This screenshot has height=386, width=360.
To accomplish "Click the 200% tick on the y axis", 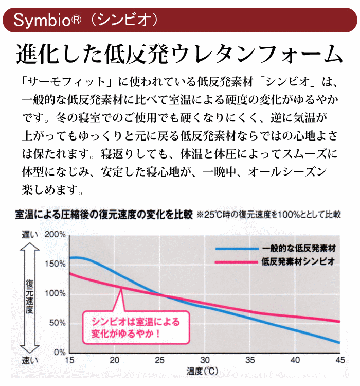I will click(x=56, y=235).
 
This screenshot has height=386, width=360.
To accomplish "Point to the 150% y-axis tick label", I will click(x=56, y=264).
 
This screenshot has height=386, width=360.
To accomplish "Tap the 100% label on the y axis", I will click(x=56, y=293).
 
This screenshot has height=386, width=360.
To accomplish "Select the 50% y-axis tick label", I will click(x=58, y=323).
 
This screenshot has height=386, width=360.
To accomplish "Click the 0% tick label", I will click(x=60, y=353).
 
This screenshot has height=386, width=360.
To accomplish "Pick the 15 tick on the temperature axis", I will click(x=70, y=360).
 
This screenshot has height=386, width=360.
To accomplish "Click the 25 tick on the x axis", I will click(x=161, y=360).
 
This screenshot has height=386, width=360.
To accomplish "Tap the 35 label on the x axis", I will click(x=250, y=360).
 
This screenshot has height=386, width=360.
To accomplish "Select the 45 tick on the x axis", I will click(x=340, y=360).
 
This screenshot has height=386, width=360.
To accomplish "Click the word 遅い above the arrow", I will click(x=29, y=235).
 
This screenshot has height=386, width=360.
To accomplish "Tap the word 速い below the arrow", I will click(x=29, y=360).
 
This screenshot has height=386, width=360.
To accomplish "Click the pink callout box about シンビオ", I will click(x=136, y=327).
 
